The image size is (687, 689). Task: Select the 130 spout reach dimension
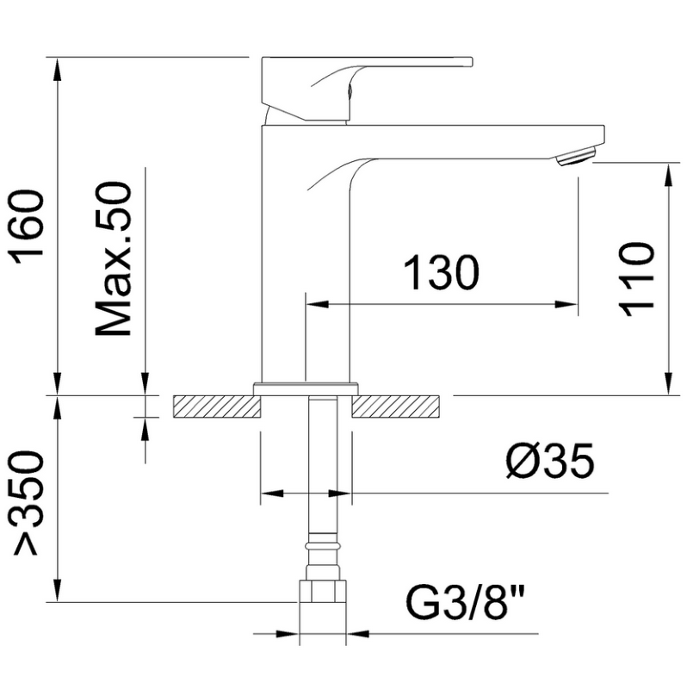point(441,273)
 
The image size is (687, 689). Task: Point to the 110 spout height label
point(636,279)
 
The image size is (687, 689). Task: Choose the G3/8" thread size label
point(465,601)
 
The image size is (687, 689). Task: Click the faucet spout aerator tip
point(576,157)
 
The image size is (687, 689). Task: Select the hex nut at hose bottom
point(323,592)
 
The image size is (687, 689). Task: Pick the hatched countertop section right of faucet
point(395,407)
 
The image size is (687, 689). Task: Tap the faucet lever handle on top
point(367,88)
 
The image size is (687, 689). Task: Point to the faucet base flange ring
point(306,389)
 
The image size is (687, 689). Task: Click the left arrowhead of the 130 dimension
point(317,304)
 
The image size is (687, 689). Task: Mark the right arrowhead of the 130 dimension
point(566,304)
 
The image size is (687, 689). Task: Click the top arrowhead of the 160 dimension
point(57,69)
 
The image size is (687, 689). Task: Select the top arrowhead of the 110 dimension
point(668,175)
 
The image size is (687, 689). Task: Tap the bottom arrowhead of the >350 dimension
point(57,590)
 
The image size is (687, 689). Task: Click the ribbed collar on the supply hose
point(323,546)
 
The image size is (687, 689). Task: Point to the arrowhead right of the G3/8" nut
point(357,634)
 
